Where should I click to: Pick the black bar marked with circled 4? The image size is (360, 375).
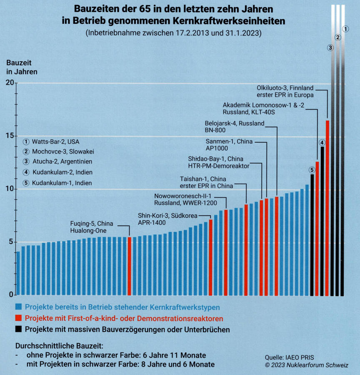[322, 221]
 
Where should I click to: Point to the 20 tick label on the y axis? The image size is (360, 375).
[10, 83]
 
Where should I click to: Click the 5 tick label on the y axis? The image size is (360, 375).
[12, 242]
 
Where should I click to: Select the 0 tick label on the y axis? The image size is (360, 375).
[12, 295]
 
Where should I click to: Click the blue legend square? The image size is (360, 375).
[18, 307]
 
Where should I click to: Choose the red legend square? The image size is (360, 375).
[18, 318]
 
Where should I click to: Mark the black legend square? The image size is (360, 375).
[18, 329]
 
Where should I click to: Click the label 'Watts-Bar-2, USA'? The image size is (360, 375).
[55, 142]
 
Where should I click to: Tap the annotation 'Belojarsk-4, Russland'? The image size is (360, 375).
[235, 123]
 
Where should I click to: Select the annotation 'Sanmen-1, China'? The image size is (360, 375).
[229, 141]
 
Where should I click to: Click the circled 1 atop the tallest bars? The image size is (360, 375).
[345, 29]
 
